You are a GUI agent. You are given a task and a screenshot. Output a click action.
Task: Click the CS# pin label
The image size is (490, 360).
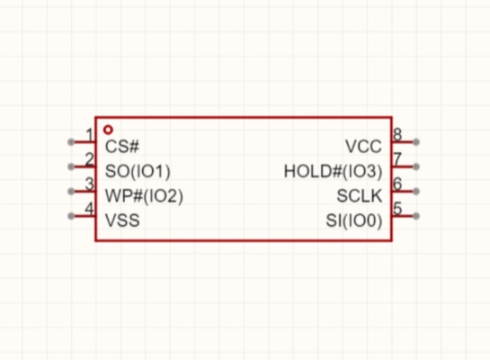[x=122, y=146]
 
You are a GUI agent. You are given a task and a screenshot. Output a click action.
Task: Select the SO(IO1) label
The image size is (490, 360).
[x=138, y=171]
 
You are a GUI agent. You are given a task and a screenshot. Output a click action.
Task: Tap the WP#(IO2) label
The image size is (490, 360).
[x=144, y=196]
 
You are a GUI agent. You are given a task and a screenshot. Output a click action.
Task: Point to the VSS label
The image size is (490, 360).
[x=122, y=220]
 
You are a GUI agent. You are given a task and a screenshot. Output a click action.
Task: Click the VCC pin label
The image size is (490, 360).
[x=363, y=146]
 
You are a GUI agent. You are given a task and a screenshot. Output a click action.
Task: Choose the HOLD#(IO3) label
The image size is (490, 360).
[x=333, y=171]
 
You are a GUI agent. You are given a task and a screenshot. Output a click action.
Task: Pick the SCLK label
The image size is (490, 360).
[x=360, y=196]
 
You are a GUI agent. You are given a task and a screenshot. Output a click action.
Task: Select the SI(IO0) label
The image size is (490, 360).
[x=353, y=220]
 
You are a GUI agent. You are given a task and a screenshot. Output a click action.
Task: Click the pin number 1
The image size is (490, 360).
[x=90, y=135]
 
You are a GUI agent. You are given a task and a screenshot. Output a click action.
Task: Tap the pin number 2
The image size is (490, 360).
[x=89, y=159]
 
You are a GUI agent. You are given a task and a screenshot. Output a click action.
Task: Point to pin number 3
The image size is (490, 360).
[x=89, y=184]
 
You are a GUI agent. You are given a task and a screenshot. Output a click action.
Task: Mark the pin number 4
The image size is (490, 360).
[x=89, y=209]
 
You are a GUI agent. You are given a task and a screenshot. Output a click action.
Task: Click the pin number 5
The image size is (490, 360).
[x=397, y=209]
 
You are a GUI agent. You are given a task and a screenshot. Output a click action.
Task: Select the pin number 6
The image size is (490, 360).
[x=397, y=184]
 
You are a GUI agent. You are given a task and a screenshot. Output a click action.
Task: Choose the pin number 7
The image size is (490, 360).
[x=397, y=159]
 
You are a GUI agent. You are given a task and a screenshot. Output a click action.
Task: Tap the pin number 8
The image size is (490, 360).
[x=397, y=135]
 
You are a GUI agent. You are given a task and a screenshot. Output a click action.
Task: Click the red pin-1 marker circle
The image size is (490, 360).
[x=108, y=126]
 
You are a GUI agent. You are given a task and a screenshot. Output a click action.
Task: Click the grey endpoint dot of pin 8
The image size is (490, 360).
[x=416, y=142]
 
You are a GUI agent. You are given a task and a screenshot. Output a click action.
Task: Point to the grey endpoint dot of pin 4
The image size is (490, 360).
[x=71, y=216]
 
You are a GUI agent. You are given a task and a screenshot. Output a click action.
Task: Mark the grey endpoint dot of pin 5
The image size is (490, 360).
[x=416, y=216]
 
